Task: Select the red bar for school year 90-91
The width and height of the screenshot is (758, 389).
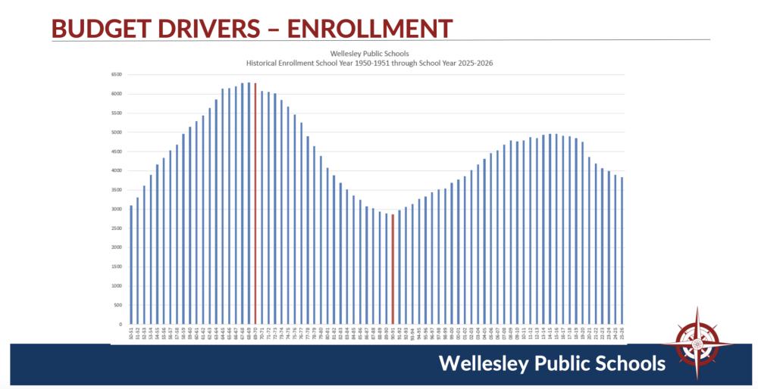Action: pos(393,269)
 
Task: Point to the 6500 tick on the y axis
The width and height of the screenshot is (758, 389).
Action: pos(116,75)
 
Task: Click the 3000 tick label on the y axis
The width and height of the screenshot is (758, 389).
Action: pos(116,209)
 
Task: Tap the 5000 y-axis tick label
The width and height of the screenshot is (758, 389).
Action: pos(116,132)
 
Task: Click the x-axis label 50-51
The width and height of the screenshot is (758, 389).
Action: pos(131,333)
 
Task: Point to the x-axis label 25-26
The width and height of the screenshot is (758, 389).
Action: pos(622,333)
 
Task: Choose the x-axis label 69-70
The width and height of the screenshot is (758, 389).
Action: pos(255,333)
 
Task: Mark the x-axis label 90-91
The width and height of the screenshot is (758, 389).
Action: pos(393,333)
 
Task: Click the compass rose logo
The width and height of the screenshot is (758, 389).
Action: pos(696,345)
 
